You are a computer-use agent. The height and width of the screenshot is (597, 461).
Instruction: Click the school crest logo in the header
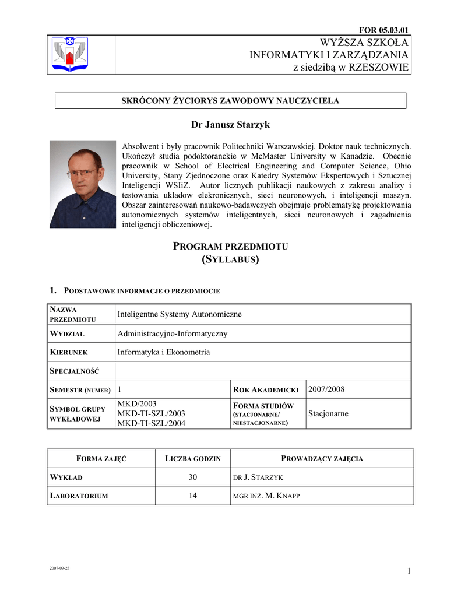click(69, 54)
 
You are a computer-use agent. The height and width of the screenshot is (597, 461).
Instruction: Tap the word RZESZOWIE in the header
click(378, 68)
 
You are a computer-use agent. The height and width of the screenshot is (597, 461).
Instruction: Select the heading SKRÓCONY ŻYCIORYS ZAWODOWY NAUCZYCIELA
click(230, 101)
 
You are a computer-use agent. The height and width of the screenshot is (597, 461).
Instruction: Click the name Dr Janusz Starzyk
click(230, 125)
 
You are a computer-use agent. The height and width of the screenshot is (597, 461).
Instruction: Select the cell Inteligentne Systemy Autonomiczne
click(180, 314)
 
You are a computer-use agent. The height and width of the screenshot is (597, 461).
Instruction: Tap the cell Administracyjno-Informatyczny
click(173, 333)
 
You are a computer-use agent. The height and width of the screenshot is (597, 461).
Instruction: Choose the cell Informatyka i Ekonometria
click(164, 352)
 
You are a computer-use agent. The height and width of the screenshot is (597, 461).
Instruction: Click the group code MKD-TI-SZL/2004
click(151, 423)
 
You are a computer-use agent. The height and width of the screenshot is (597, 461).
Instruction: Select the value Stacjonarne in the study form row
click(328, 413)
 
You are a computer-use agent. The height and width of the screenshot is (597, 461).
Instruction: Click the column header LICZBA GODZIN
click(193, 459)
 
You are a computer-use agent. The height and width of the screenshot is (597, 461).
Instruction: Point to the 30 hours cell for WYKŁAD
click(193, 477)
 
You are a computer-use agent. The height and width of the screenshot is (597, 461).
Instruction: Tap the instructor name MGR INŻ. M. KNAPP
click(266, 496)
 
